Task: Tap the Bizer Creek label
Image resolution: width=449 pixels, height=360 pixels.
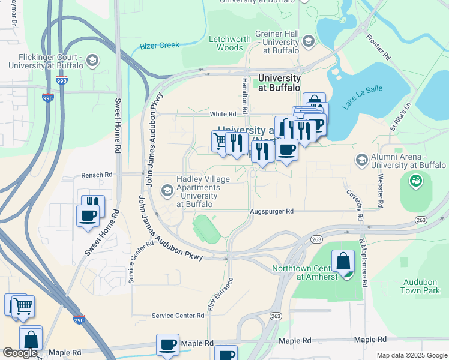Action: [x=160, y=46]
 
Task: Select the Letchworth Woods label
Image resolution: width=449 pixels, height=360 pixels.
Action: [x=229, y=44]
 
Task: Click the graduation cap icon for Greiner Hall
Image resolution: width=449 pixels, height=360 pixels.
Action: [x=309, y=41]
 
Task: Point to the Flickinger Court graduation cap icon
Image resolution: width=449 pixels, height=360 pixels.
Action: [x=93, y=60]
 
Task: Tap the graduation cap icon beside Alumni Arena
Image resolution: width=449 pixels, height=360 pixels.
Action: [x=361, y=160]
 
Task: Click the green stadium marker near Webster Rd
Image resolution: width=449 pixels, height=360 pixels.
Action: [x=415, y=179]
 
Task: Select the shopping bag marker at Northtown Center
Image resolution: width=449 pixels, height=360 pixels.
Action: [x=343, y=262]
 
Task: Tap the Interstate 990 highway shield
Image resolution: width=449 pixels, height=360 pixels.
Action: [x=48, y=98]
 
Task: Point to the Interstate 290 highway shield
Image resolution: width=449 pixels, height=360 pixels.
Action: [x=79, y=321]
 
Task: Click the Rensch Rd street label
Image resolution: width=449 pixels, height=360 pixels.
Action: [x=97, y=175]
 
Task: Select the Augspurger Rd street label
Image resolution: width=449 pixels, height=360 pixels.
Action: [x=272, y=211]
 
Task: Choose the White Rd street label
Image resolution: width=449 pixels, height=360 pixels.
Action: [x=220, y=114]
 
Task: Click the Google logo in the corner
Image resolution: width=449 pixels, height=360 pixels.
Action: [x=20, y=353]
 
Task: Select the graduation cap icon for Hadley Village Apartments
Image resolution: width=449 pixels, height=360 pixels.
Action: [x=167, y=191]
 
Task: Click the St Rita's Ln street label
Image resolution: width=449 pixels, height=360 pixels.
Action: [x=400, y=116]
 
